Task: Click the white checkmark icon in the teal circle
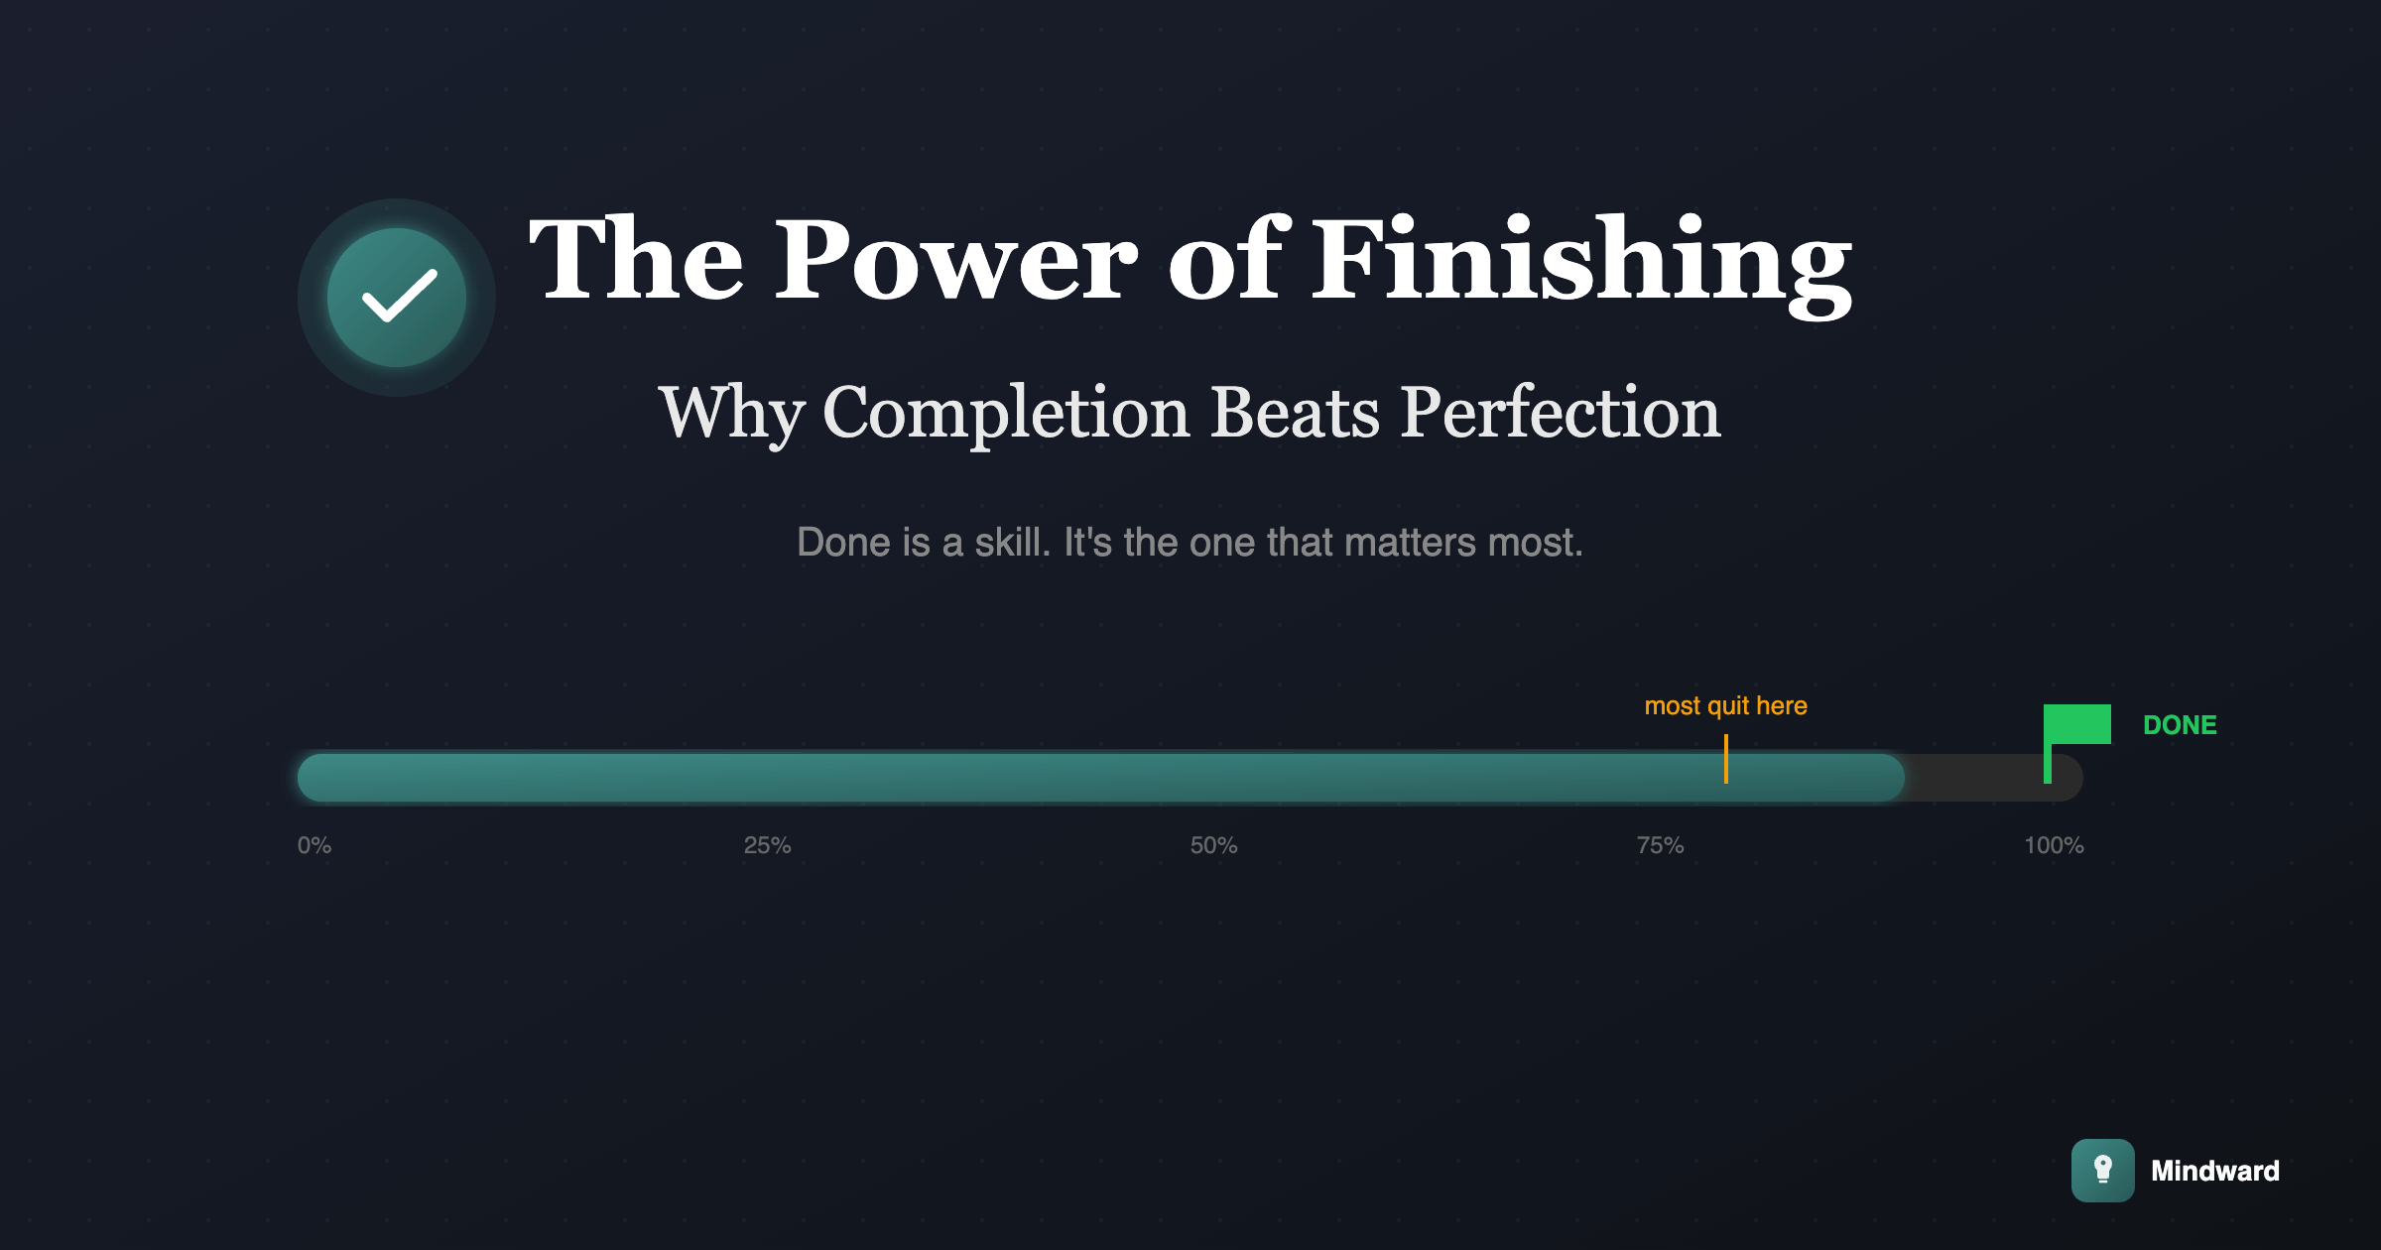point(399,296)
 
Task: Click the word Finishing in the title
point(1582,263)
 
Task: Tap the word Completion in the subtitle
point(1006,414)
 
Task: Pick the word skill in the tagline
point(1012,542)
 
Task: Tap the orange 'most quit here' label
point(1725,705)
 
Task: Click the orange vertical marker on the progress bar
point(1726,759)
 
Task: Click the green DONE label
point(2180,725)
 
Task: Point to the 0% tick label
point(314,845)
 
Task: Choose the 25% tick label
point(767,845)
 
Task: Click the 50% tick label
point(1213,845)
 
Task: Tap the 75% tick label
point(1660,845)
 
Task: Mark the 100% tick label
point(2054,845)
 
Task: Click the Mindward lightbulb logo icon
point(2103,1171)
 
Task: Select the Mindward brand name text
point(2215,1171)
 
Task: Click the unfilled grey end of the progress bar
point(1994,778)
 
